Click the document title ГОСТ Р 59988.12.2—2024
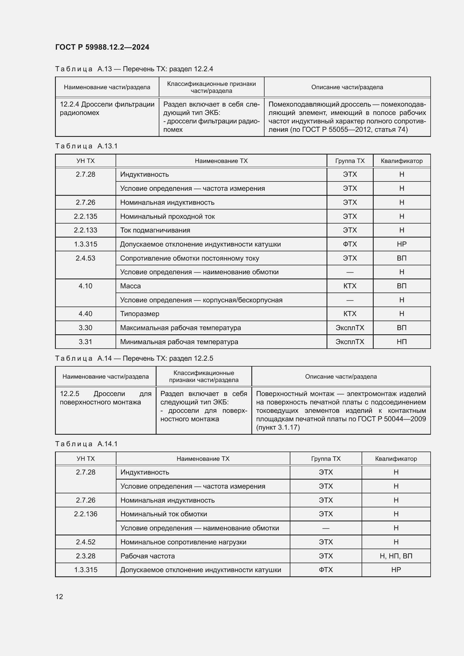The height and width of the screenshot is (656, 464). click(x=102, y=47)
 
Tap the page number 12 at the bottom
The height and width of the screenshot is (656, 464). click(x=59, y=597)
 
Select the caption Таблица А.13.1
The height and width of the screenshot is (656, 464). click(x=86, y=146)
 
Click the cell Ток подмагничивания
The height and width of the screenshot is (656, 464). click(x=155, y=230)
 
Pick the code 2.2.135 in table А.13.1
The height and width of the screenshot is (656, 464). click(x=86, y=216)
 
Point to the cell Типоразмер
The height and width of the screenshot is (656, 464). click(x=139, y=314)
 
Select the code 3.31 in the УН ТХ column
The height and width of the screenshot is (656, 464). click(x=86, y=342)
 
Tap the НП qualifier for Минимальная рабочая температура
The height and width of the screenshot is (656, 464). click(x=401, y=342)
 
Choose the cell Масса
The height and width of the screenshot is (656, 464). click(x=130, y=286)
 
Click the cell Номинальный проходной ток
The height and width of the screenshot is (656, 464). click(x=167, y=216)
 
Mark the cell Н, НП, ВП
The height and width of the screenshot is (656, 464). click(x=396, y=556)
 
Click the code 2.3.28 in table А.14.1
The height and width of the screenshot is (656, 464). click(x=86, y=556)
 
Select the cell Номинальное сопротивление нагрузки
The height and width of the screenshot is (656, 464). click(x=183, y=542)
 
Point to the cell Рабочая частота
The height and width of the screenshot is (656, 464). click(x=148, y=556)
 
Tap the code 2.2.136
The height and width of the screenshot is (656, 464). click(x=86, y=514)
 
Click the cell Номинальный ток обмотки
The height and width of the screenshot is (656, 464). click(x=164, y=514)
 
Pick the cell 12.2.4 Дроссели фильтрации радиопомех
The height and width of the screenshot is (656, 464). click(x=107, y=109)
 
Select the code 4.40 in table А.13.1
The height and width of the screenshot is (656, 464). click(x=86, y=314)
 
